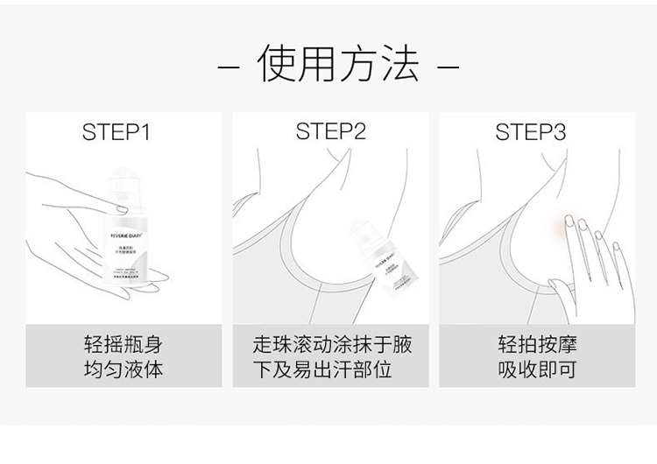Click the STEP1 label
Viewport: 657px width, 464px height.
pyautogui.click(x=117, y=132)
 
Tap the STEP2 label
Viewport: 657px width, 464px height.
pyautogui.click(x=330, y=132)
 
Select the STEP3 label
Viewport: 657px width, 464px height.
pyautogui.click(x=531, y=132)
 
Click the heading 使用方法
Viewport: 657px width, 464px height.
pyautogui.click(x=337, y=66)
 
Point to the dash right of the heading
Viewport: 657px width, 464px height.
pyautogui.click(x=448, y=67)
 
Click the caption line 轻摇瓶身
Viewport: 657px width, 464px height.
pyautogui.click(x=123, y=344)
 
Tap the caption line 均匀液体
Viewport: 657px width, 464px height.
pyautogui.click(x=123, y=369)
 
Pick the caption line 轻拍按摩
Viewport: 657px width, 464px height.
pyautogui.click(x=537, y=344)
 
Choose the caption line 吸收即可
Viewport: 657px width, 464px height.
pyautogui.click(x=537, y=369)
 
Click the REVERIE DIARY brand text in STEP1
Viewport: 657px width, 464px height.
pyautogui.click(x=132, y=235)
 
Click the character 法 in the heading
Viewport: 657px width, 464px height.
pyautogui.click(x=398, y=66)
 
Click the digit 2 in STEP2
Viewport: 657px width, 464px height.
pyautogui.click(x=358, y=132)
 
